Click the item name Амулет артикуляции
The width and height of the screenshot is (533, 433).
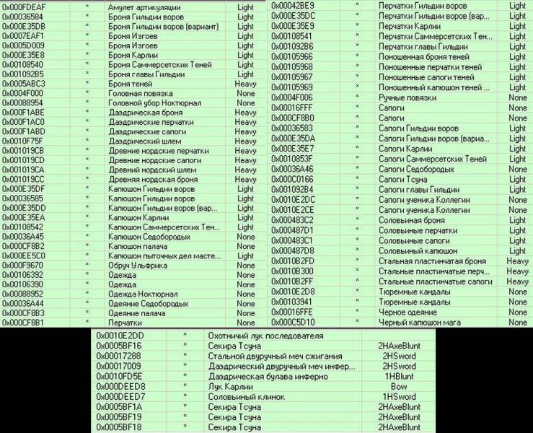click(x=144, y=6)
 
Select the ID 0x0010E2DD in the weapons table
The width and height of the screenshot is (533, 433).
click(x=120, y=336)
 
